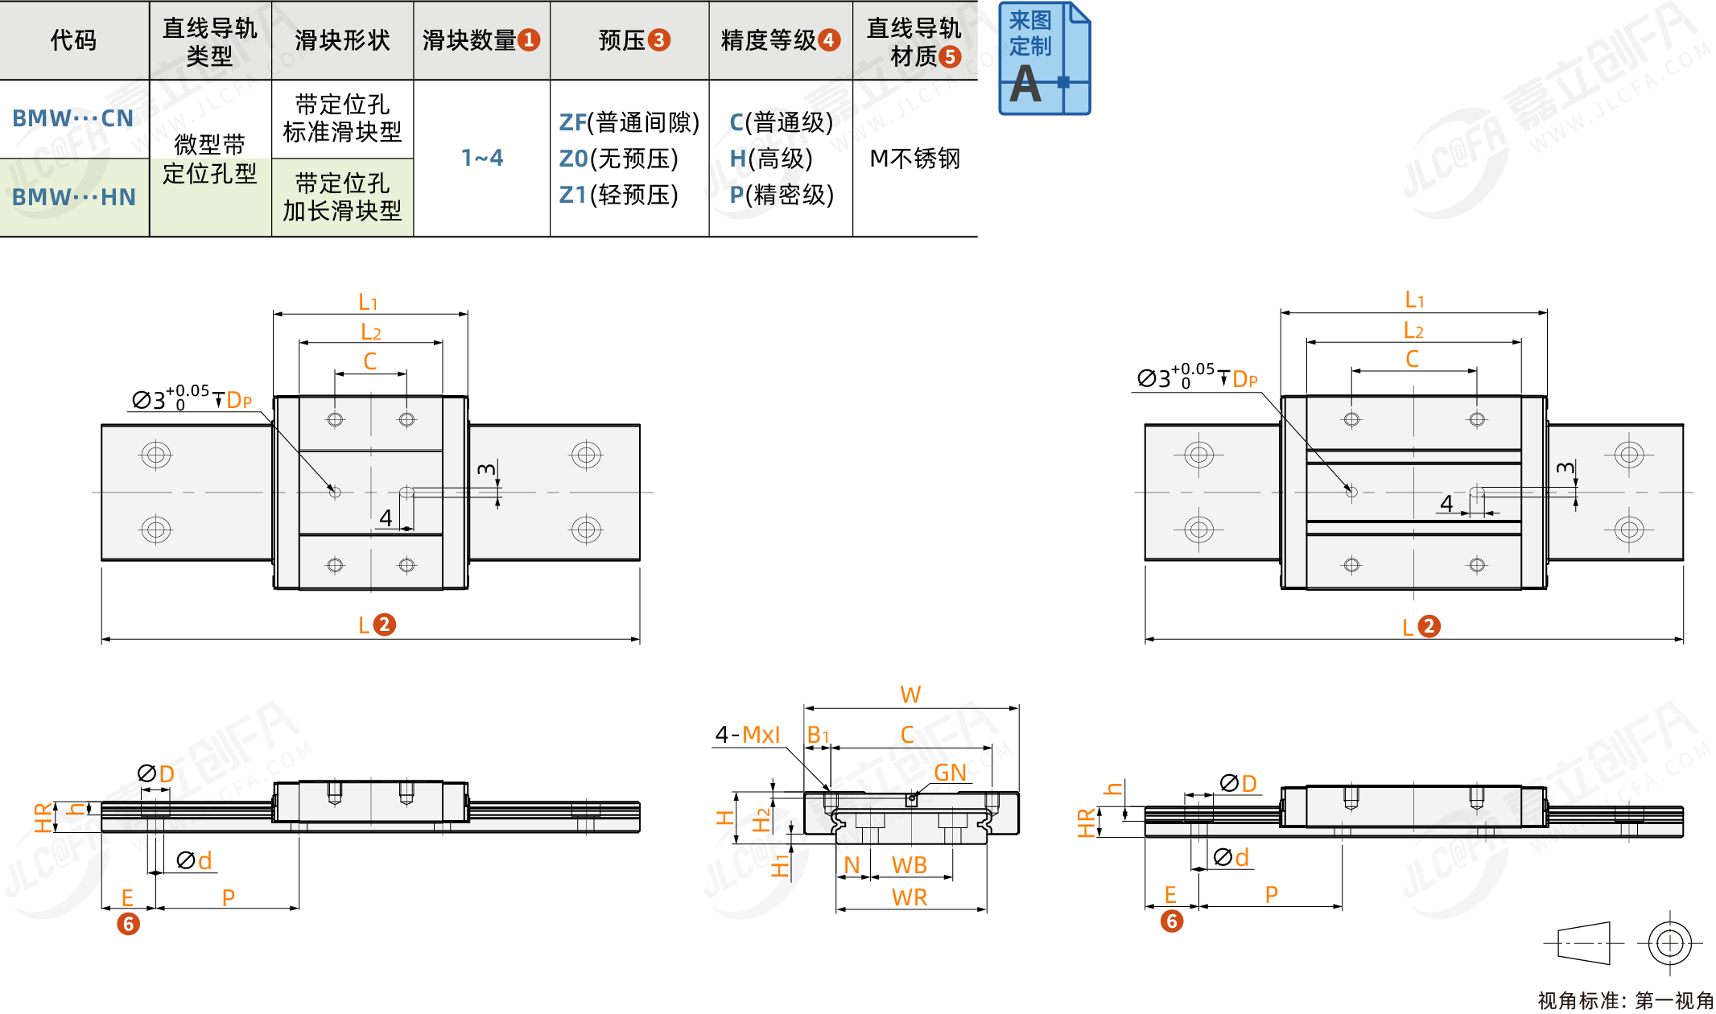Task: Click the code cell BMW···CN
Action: pos(72,118)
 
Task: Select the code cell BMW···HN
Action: pos(73,197)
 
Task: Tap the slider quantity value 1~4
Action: pos(481,158)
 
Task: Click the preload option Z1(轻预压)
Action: pos(618,195)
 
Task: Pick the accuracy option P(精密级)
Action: pos(781,195)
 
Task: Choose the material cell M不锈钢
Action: pos(914,159)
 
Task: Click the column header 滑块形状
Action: pos(342,40)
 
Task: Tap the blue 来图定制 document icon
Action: pos(1044,59)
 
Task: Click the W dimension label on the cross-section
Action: pos(910,695)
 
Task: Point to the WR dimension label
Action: pos(910,897)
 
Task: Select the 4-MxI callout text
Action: pos(748,735)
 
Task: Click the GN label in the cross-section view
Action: pos(950,773)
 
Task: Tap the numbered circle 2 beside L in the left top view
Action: pos(385,624)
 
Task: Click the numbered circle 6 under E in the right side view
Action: pos(1171,921)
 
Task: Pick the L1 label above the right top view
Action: pos(1414,300)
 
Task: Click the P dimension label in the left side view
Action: pos(229,897)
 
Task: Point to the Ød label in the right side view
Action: pos(1231,858)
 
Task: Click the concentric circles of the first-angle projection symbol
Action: pos(1669,942)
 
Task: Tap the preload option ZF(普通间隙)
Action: pos(629,122)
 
